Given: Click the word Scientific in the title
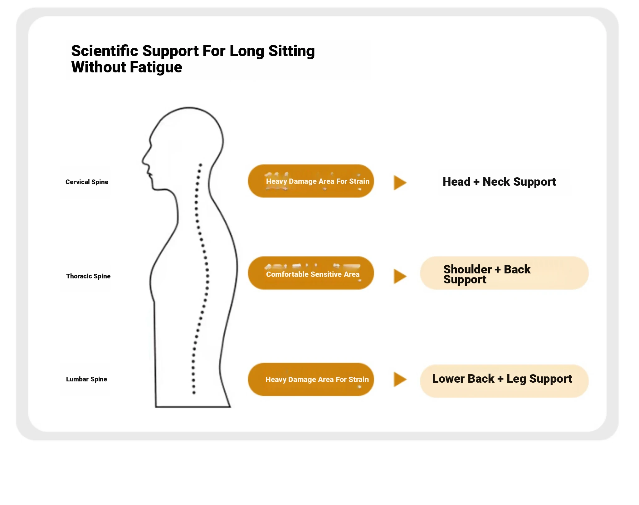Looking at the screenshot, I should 105,51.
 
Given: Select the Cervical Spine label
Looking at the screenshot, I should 87,182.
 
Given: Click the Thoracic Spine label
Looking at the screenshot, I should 88,276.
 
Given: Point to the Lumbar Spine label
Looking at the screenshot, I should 86,379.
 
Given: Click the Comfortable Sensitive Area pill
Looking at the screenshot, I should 311,273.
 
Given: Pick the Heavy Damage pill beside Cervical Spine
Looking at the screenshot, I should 311,181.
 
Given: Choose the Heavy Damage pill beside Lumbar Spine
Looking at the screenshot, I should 311,379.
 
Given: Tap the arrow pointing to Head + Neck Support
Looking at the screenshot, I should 400,183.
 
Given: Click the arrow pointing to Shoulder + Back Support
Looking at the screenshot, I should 400,276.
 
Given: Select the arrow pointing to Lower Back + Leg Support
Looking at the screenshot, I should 400,379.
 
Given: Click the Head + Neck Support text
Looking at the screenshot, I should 499,182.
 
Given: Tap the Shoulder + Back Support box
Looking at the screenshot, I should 504,273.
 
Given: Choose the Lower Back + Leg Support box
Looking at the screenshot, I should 504,380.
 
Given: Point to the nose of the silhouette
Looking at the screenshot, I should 144,161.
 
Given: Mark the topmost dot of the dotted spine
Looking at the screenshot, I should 201,165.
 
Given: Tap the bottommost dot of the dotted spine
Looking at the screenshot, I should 194,393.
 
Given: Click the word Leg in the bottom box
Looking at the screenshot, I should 516,379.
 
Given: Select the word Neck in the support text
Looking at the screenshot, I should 496,182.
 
